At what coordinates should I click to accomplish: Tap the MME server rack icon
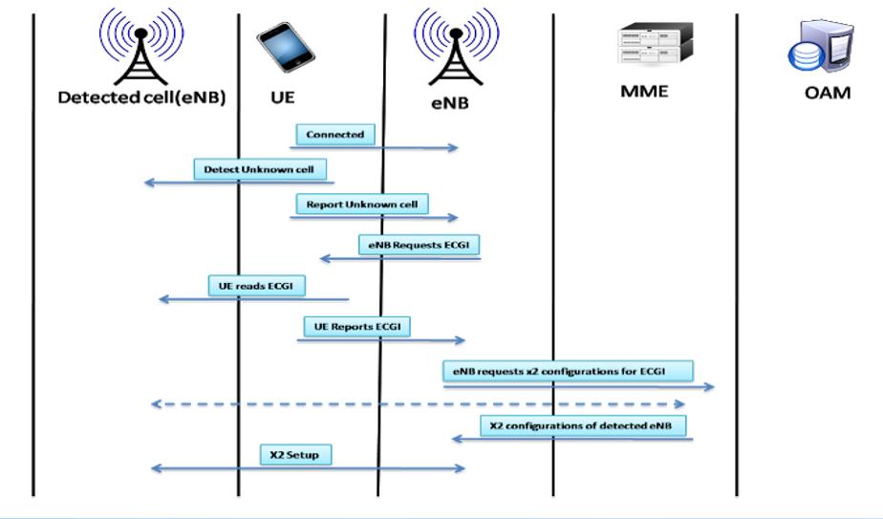[x=655, y=44]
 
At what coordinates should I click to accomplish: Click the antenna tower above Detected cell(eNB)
[x=140, y=48]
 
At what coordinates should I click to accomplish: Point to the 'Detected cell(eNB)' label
[x=141, y=97]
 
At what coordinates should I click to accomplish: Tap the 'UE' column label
[x=283, y=97]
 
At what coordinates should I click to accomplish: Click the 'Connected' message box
[x=334, y=135]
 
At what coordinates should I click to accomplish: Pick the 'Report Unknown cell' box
[x=362, y=205]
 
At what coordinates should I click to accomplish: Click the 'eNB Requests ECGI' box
[x=420, y=245]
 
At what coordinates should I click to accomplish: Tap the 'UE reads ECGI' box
[x=256, y=286]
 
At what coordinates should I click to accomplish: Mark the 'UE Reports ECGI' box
[x=356, y=327]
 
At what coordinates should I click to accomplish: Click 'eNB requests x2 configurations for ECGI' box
[x=567, y=370]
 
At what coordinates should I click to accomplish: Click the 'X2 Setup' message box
[x=294, y=455]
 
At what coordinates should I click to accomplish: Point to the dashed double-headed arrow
[x=419, y=404]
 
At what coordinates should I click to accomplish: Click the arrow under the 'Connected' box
[x=376, y=148]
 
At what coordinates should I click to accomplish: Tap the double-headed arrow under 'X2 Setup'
[x=308, y=468]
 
